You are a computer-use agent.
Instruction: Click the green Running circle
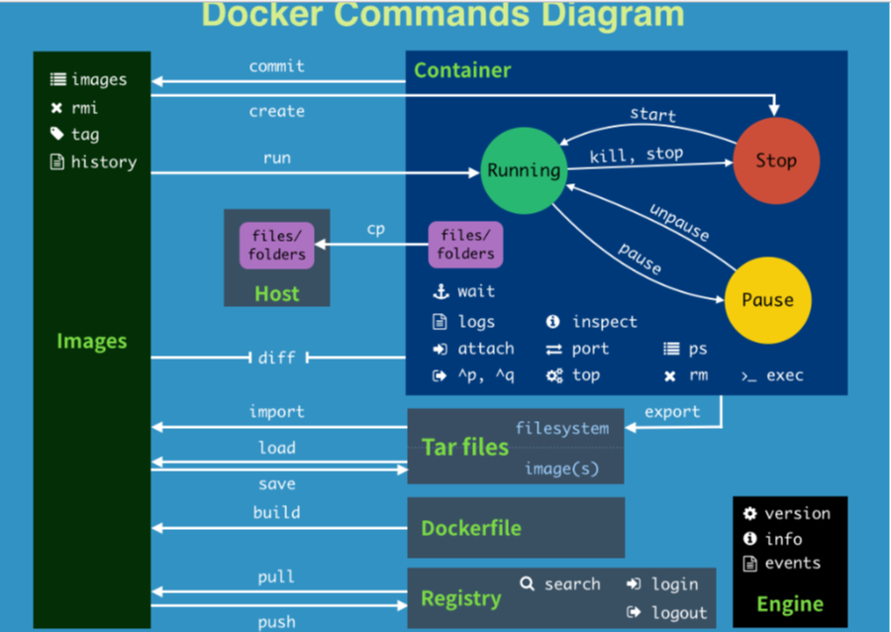(523, 170)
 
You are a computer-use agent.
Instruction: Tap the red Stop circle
(776, 160)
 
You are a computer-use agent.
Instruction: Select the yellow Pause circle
(767, 300)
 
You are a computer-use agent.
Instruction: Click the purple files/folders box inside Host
(276, 245)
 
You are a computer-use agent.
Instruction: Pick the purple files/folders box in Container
(465, 245)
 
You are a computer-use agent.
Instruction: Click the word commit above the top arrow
(276, 66)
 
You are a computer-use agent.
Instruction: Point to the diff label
(276, 357)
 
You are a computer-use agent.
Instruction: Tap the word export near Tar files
(672, 412)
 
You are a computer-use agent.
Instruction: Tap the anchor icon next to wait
(441, 292)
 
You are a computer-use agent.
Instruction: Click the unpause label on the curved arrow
(679, 223)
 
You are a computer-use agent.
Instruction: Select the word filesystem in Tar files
(561, 429)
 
